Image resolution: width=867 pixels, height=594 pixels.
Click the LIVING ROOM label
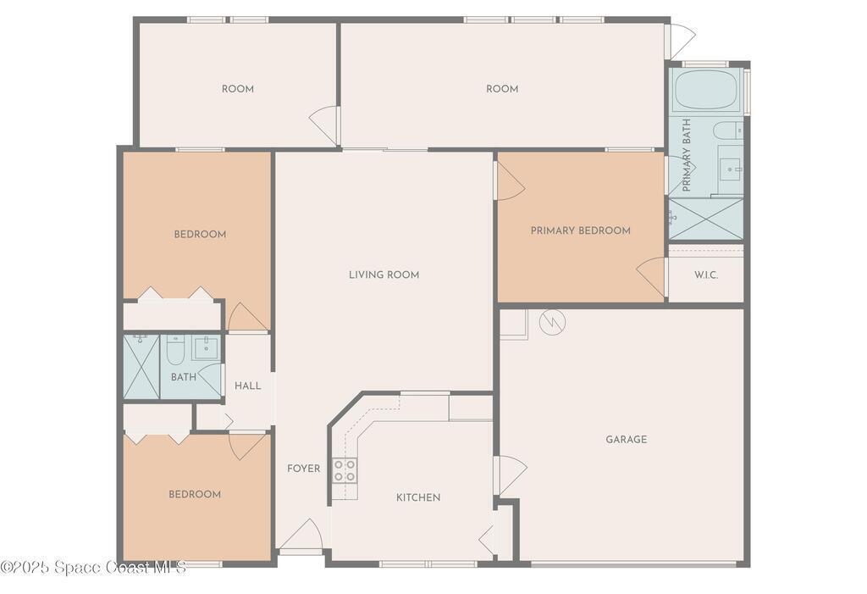click(384, 275)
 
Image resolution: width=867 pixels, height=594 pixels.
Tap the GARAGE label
click(626, 440)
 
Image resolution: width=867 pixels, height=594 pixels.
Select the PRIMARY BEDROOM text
click(581, 230)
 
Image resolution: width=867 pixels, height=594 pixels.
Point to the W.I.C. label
click(706, 275)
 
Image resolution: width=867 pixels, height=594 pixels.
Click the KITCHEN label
click(418, 497)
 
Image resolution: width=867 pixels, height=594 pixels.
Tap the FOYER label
click(304, 469)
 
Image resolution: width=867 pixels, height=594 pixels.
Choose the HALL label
click(248, 386)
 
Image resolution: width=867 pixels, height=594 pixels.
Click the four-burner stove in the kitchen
click(345, 470)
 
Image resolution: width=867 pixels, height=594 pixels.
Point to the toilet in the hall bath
click(175, 351)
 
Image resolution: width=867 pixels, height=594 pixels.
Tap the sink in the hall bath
click(207, 347)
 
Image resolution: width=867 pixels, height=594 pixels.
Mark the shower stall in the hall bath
click(141, 366)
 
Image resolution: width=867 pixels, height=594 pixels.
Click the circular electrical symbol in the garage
click(552, 322)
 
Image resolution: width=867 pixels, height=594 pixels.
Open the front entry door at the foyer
click(301, 536)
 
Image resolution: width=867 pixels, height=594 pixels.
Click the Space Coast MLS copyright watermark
click(93, 568)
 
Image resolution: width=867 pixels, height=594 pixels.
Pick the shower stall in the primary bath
click(705, 219)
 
